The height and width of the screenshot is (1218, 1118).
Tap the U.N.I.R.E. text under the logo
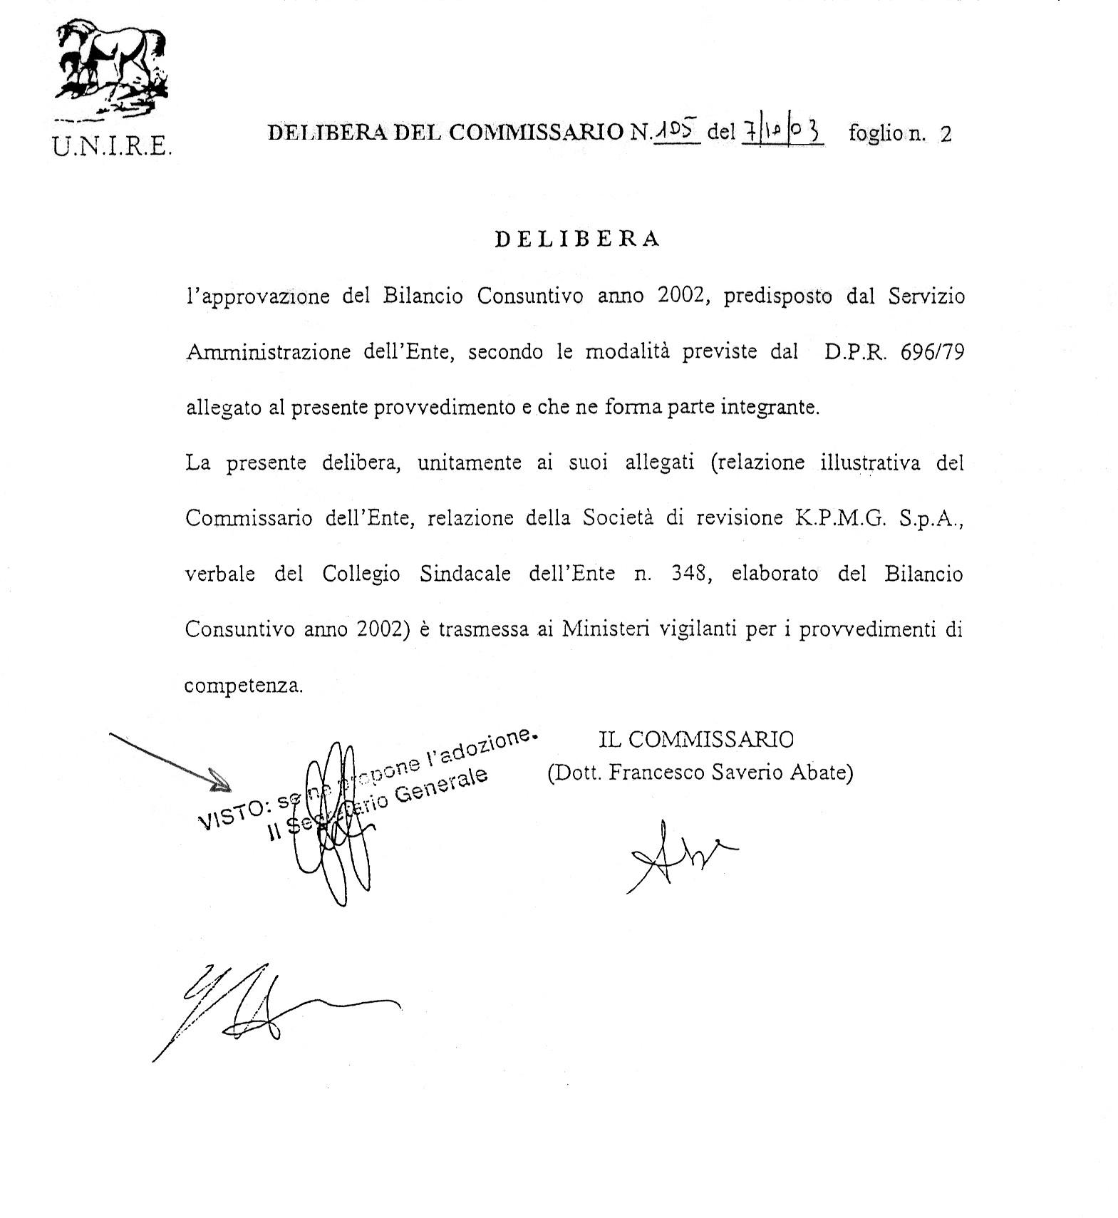coord(113,145)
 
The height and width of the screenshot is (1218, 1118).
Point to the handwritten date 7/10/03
coord(782,131)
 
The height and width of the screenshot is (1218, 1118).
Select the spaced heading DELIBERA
coord(577,239)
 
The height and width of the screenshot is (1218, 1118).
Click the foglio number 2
coord(946,134)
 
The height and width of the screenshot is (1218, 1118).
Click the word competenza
coord(244,686)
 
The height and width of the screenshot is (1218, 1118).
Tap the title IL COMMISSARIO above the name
coord(695,740)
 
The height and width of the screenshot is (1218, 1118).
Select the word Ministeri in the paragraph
coord(605,629)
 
